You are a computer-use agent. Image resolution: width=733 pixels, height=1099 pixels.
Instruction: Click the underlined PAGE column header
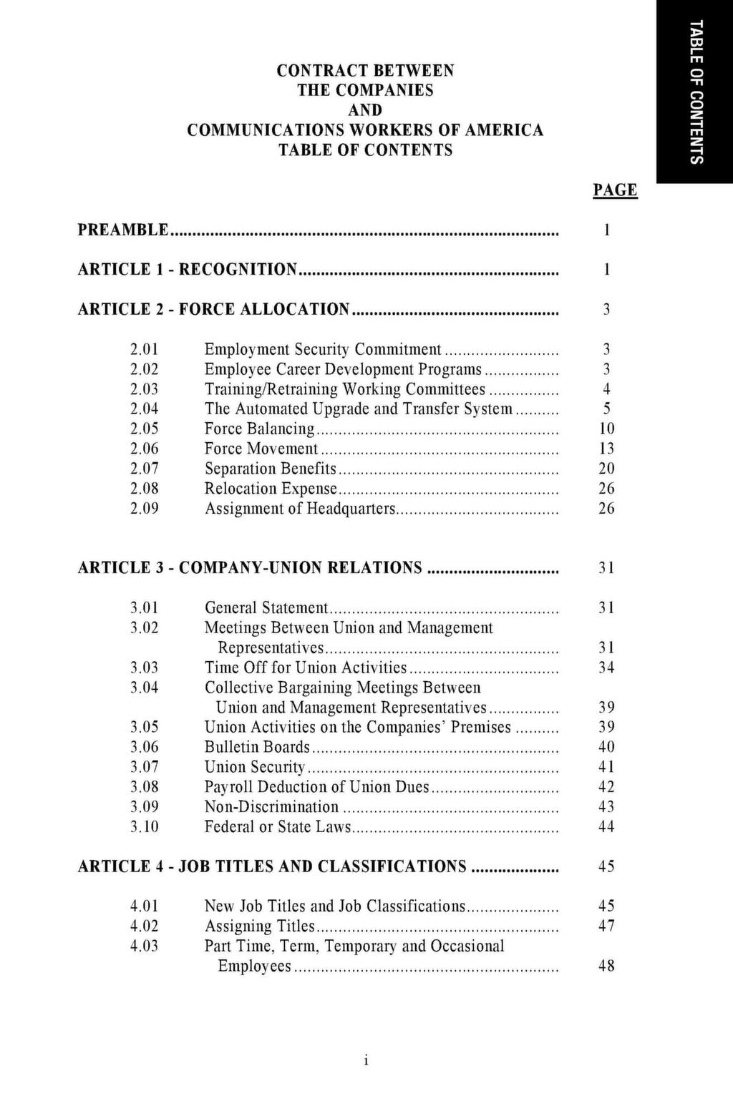pyautogui.click(x=615, y=190)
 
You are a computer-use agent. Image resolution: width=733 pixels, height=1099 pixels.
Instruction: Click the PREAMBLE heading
pyautogui.click(x=123, y=230)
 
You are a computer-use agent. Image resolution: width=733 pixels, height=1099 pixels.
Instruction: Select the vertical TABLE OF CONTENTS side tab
pyautogui.click(x=695, y=92)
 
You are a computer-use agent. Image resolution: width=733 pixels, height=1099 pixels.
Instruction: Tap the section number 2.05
pyautogui.click(x=145, y=429)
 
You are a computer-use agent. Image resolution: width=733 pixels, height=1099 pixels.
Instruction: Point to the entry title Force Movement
pyautogui.click(x=261, y=449)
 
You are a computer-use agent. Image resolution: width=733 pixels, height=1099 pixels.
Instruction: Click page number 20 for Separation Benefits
pyautogui.click(x=606, y=469)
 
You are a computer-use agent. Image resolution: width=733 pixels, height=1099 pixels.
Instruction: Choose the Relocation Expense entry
pyautogui.click(x=271, y=489)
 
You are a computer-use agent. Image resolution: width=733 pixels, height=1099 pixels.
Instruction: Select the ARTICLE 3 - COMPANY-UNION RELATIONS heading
pyautogui.click(x=250, y=567)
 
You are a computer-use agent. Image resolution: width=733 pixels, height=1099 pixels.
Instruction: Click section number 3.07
pyautogui.click(x=145, y=767)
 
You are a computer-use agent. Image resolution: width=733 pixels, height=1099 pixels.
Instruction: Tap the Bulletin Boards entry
pyautogui.click(x=257, y=747)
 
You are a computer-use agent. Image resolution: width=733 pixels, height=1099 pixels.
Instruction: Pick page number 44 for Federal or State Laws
pyautogui.click(x=606, y=827)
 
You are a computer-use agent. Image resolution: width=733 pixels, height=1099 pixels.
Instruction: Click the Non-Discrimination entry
pyautogui.click(x=271, y=807)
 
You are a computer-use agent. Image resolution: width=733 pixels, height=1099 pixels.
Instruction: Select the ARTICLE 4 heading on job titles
pyautogui.click(x=272, y=866)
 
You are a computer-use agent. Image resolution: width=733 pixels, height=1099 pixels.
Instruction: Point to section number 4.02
pyautogui.click(x=145, y=926)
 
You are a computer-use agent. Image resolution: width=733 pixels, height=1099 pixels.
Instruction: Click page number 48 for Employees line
pyautogui.click(x=606, y=966)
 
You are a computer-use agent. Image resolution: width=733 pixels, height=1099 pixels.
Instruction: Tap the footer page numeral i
pyautogui.click(x=366, y=1061)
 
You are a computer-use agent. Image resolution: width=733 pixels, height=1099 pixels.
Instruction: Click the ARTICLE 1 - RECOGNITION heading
pyautogui.click(x=187, y=269)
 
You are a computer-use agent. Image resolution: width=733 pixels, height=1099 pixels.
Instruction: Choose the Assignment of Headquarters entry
pyautogui.click(x=300, y=509)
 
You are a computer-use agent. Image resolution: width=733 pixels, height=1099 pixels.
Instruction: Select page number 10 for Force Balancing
pyautogui.click(x=606, y=429)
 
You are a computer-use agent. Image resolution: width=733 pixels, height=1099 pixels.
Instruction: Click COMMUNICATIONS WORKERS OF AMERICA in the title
pyautogui.click(x=365, y=130)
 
